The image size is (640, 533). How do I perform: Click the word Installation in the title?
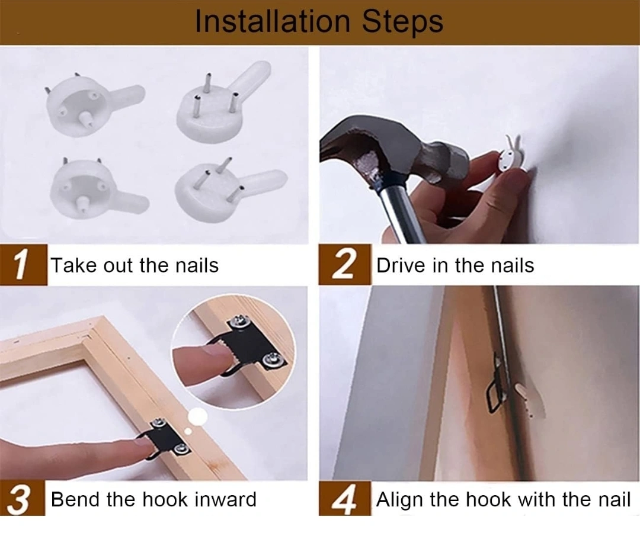[272, 21]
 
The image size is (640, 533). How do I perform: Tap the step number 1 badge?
[23, 265]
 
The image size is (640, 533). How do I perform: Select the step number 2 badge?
[345, 265]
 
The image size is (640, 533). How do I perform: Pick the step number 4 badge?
[345, 499]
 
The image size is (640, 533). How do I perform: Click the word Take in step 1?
[74, 265]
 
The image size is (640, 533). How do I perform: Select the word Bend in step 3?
[76, 499]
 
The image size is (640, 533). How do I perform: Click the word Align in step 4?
[399, 500]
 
